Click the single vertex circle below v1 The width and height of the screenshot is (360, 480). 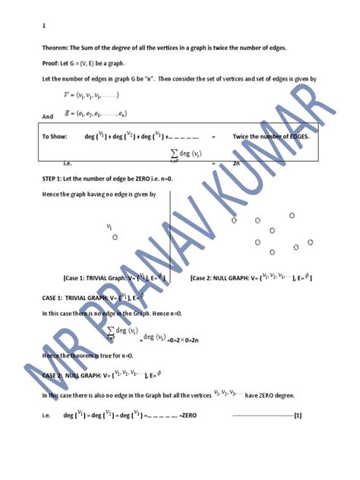point(115,237)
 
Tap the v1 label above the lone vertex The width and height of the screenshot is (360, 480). point(110,226)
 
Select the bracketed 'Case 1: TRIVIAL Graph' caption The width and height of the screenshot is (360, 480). point(114,278)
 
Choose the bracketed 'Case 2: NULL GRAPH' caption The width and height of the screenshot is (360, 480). point(251,278)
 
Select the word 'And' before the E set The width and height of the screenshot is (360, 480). point(48,115)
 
